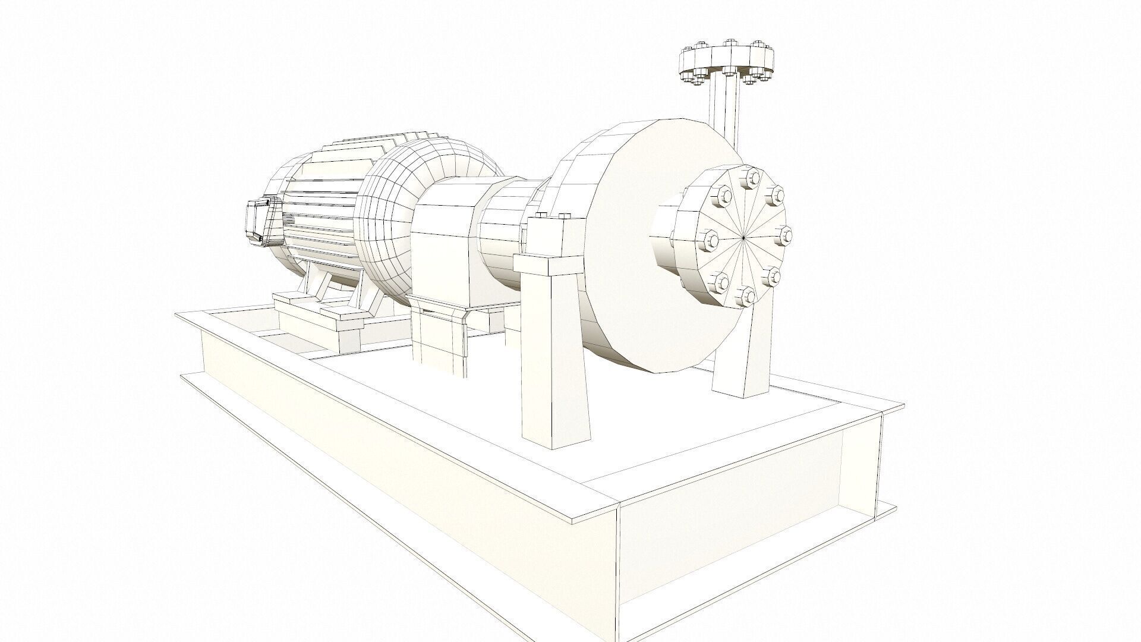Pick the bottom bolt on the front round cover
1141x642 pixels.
click(x=745, y=295)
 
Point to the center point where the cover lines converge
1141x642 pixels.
click(x=744, y=238)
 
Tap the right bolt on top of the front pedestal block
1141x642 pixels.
click(x=563, y=216)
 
